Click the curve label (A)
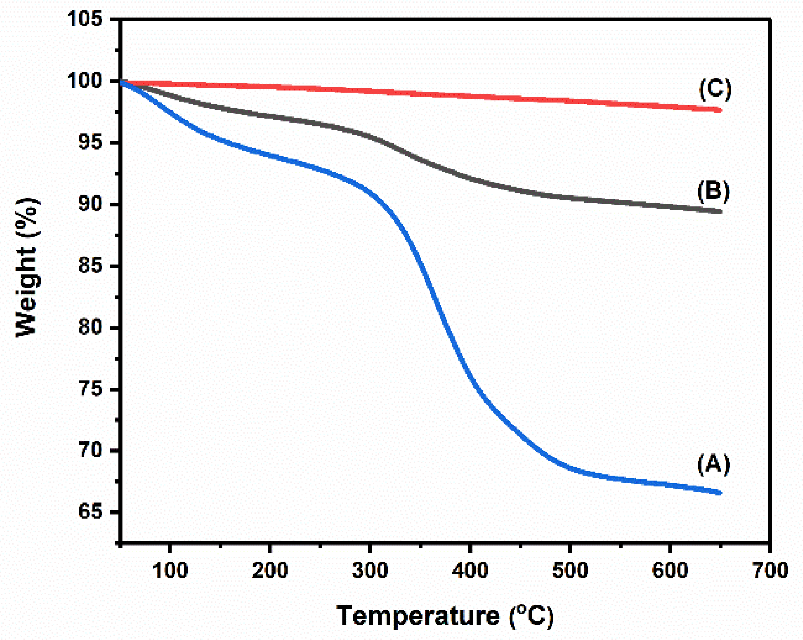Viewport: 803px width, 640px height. pyautogui.click(x=713, y=464)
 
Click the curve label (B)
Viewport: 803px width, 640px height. pyautogui.click(x=713, y=191)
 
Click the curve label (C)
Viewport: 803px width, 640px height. pyautogui.click(x=715, y=88)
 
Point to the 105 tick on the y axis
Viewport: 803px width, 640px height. pyautogui.click(x=85, y=19)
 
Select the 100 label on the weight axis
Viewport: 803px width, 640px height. pyautogui.click(x=85, y=81)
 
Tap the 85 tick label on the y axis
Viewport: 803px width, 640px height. pyautogui.click(x=90, y=266)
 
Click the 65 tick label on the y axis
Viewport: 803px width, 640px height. pyautogui.click(x=90, y=512)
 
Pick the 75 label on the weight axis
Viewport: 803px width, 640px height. pyautogui.click(x=90, y=389)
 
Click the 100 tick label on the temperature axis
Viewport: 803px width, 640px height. pyautogui.click(x=170, y=570)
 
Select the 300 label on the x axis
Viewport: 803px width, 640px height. pyautogui.click(x=370, y=570)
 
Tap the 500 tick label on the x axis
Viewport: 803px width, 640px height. pyautogui.click(x=570, y=570)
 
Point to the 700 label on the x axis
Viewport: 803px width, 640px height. pyautogui.click(x=770, y=570)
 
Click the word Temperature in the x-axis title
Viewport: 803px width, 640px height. pyautogui.click(x=418, y=616)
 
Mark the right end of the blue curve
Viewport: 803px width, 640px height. pyautogui.click(x=720, y=492)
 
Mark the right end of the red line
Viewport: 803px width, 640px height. pyautogui.click(x=720, y=110)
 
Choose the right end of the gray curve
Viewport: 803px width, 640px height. pyautogui.click(x=720, y=211)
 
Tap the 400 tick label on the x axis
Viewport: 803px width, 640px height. pyautogui.click(x=470, y=570)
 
